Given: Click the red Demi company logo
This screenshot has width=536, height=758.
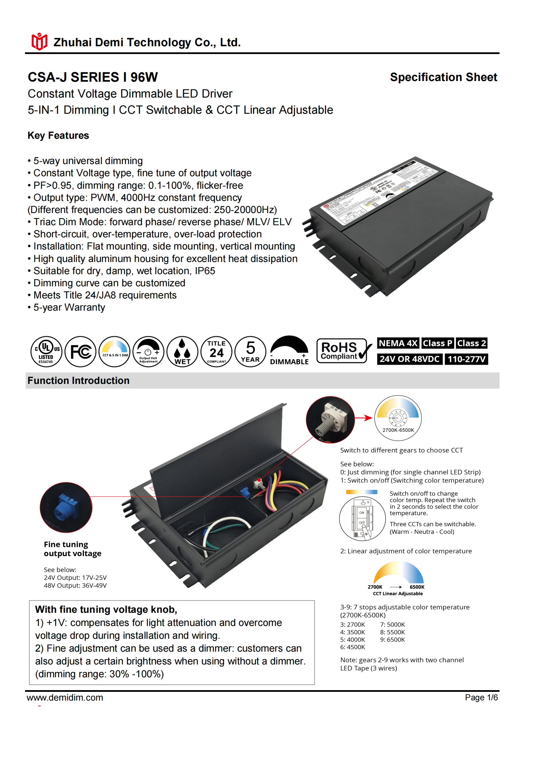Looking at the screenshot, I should [39, 42].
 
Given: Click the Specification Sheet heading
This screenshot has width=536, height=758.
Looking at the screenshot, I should [443, 77].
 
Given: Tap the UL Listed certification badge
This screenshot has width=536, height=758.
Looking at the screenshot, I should [46, 351].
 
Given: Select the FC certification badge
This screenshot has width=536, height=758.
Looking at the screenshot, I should [80, 351].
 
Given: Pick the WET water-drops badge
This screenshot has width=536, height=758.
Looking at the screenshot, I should [182, 351].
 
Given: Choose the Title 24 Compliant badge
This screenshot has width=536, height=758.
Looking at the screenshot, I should [216, 351].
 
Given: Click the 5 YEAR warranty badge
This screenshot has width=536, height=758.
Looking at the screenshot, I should [250, 351].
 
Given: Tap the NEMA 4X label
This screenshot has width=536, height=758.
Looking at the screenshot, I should [398, 343].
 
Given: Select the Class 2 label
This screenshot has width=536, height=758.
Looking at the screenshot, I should [471, 343].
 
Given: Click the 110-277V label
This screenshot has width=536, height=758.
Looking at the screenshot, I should [466, 359].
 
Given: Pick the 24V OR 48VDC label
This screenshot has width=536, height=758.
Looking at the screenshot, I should [409, 359].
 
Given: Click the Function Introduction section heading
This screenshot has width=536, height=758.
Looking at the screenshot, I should [78, 381].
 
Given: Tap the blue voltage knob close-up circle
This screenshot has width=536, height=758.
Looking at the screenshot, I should [66, 507].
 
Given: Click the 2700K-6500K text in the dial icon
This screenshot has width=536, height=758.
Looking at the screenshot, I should [398, 430].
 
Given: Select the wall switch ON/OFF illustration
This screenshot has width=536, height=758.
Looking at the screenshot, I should [362, 519].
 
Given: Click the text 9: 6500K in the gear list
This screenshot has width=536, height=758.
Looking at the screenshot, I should [392, 639].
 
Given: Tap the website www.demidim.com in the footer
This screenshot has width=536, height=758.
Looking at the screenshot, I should [65, 698].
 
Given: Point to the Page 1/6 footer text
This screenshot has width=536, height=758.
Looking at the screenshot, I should [481, 698].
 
